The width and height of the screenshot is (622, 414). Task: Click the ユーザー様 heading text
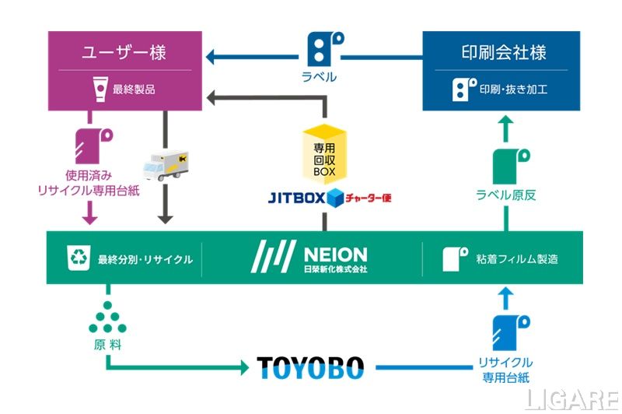click(x=124, y=53)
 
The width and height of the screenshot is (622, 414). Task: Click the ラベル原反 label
click(x=505, y=195)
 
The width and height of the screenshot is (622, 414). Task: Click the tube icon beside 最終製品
click(x=99, y=89)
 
